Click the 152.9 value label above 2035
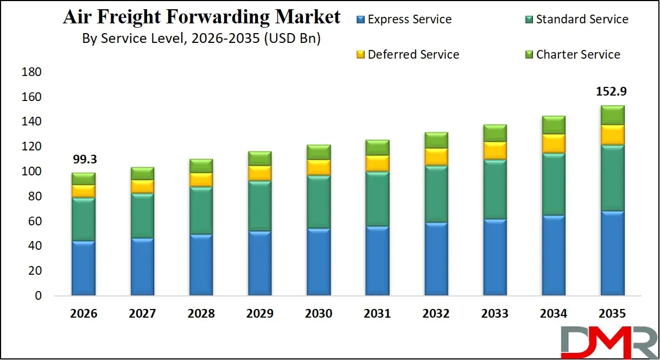coord(612,92)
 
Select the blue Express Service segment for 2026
coord(84,268)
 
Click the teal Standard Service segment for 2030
coord(319,201)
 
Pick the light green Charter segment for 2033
coord(494,133)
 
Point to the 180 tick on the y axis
coord(31,72)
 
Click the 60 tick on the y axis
coord(35,222)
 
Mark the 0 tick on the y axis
coord(38,296)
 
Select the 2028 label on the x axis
coord(201,314)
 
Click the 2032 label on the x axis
coord(436,314)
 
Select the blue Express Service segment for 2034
coord(553,255)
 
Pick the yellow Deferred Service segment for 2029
coord(259,173)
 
